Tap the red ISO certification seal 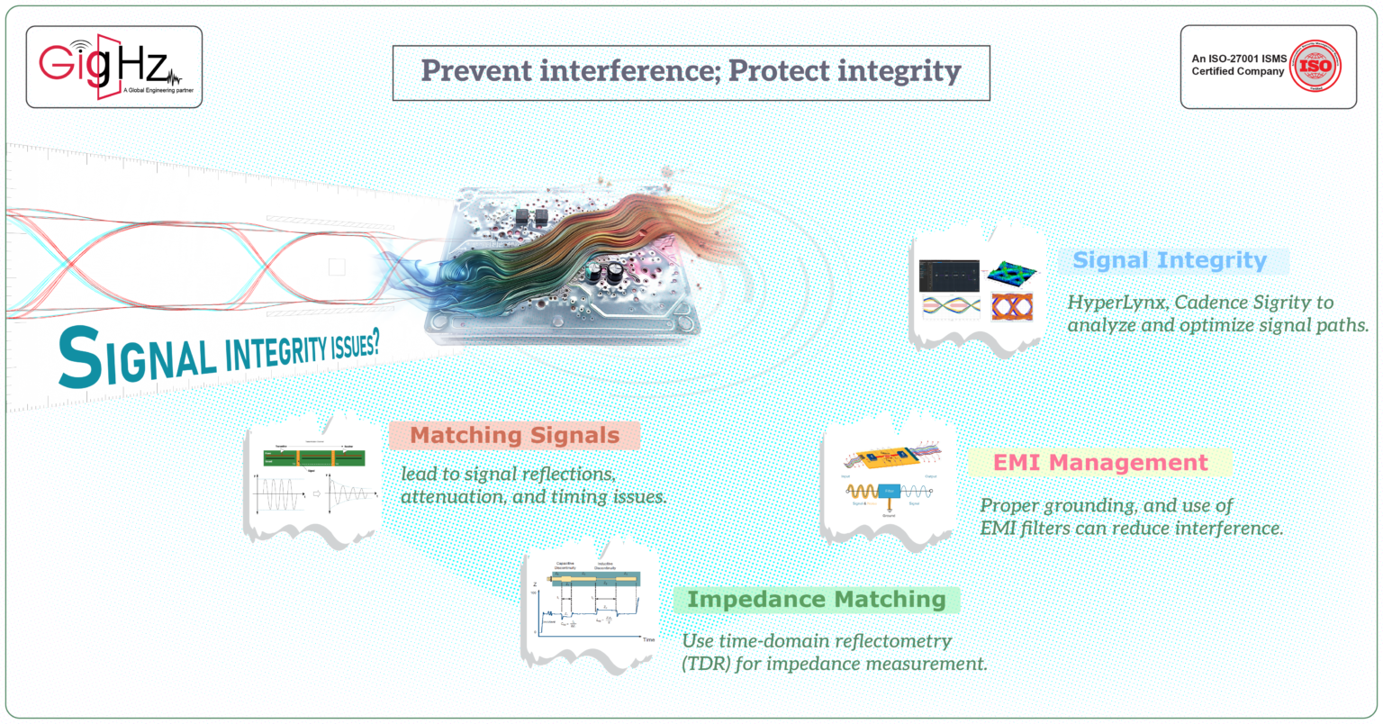pos(1315,66)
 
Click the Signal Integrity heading pos(1170,261)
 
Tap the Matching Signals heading pos(514,436)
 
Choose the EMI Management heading pos(1099,463)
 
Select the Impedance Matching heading pos(816,600)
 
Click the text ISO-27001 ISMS pos(1239,59)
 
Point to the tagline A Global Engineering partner pos(158,91)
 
